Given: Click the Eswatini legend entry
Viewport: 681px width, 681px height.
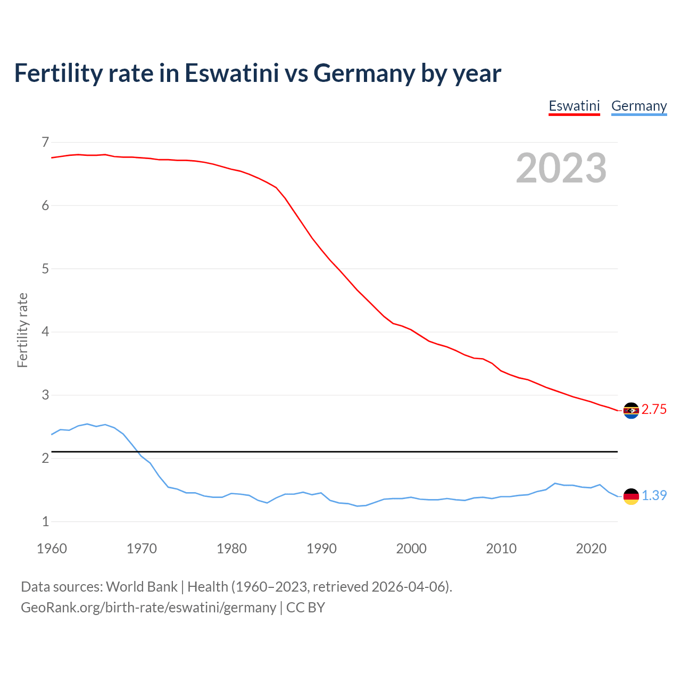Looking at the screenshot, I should tap(574, 106).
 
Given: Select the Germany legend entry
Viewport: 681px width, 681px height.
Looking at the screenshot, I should tap(638, 106).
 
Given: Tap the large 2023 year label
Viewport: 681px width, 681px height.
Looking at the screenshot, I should tap(561, 168).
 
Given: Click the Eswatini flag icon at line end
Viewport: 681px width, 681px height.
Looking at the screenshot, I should tap(631, 410).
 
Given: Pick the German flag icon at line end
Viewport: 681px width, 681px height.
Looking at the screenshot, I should tap(631, 496).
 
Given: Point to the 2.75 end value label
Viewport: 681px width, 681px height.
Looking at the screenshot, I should tap(654, 410).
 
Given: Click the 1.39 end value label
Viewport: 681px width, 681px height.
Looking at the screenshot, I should tap(654, 495).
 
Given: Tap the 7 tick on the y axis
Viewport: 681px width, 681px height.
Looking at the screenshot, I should tap(45, 142).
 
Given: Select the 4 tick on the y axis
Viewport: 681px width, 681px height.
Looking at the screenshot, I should tap(45, 332).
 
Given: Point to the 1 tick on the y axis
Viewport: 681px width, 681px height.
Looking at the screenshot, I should tap(45, 521).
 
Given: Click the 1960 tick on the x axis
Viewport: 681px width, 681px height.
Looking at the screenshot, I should tap(52, 549).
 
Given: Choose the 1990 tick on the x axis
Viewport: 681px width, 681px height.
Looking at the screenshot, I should tap(321, 549).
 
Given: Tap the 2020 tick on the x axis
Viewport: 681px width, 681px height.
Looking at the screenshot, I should tap(591, 549).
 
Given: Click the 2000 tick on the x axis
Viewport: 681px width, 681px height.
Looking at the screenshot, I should tap(411, 549).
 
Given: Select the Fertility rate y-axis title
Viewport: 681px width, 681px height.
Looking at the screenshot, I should tap(22, 330).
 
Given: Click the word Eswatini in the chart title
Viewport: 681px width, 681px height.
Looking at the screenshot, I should tap(231, 73).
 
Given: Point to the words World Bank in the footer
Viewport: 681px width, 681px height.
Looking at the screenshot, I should tap(142, 587).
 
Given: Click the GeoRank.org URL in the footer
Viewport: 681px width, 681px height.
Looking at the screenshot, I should tap(148, 608).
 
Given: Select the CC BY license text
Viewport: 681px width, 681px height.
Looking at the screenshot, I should tap(305, 608).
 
